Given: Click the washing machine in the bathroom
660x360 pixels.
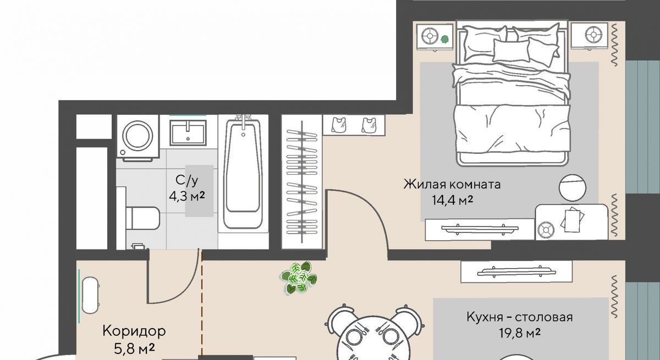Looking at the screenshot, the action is [x=138, y=136].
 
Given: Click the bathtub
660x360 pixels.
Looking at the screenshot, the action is [x=243, y=174].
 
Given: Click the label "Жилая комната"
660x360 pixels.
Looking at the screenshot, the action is [x=452, y=185].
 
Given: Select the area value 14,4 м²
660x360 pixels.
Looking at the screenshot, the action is [x=452, y=201].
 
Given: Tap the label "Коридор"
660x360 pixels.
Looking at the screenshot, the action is [x=134, y=331].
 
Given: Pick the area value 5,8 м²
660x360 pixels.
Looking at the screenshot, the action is [x=134, y=349].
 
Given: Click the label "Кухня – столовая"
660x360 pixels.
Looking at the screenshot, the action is [x=520, y=317].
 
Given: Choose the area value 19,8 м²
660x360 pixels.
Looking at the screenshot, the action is [x=520, y=333].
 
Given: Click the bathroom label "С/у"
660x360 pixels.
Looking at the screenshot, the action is [x=187, y=180].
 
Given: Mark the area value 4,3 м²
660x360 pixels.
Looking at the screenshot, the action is [x=187, y=196].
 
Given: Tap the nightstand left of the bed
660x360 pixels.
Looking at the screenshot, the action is [x=435, y=37].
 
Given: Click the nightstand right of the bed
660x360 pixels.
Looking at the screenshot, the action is [x=589, y=36].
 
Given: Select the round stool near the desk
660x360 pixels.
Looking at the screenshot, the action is [x=573, y=188].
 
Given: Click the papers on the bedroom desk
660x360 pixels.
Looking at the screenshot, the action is [x=573, y=219].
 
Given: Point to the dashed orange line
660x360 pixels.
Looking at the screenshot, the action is [x=202, y=303].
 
